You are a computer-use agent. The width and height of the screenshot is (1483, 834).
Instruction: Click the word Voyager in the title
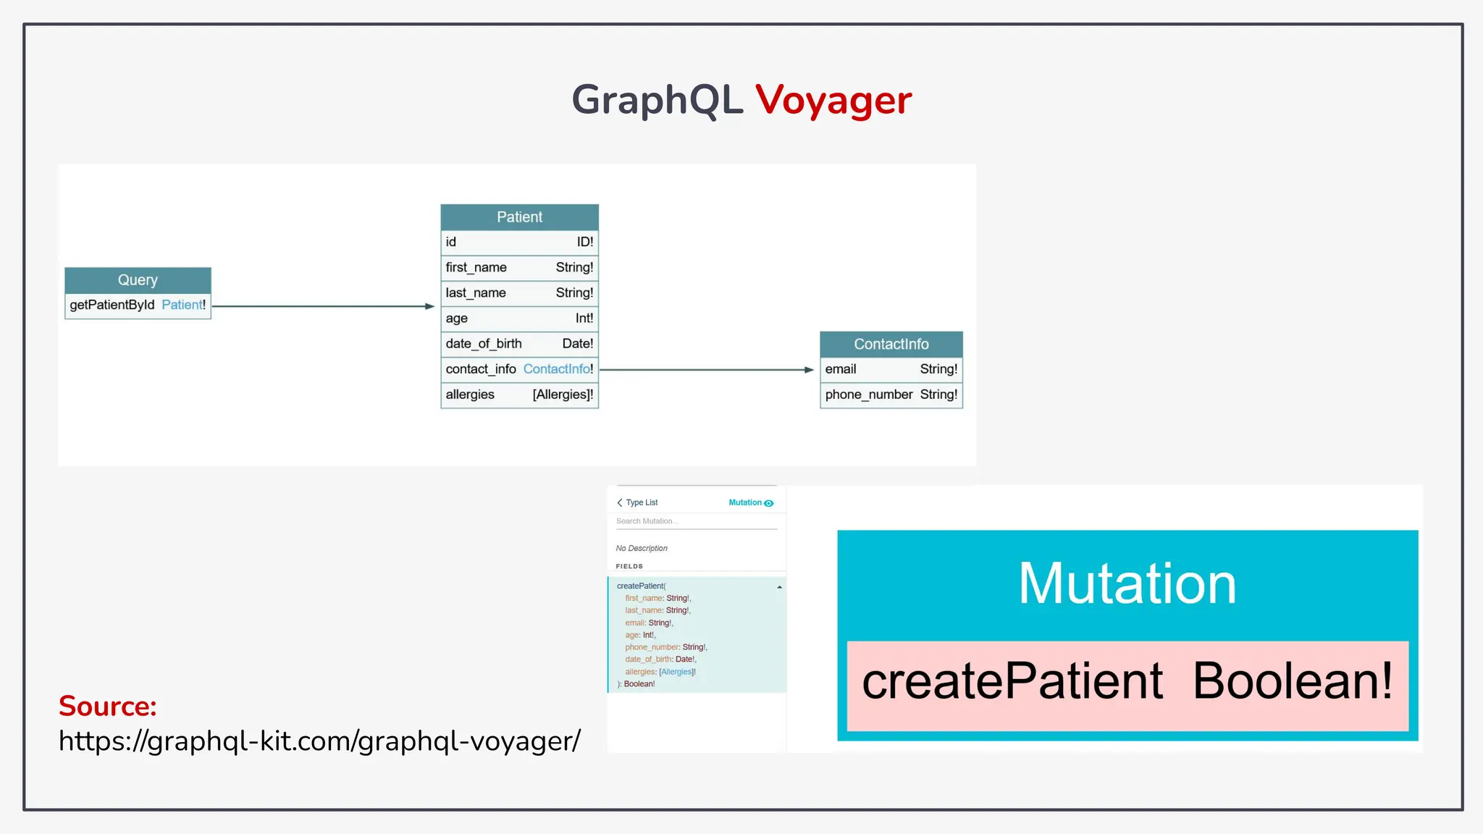point(833,100)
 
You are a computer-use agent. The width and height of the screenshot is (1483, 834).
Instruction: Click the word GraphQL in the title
point(657,100)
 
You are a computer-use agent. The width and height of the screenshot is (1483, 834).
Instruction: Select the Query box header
point(138,280)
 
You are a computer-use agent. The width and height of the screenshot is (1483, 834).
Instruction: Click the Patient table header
point(519,217)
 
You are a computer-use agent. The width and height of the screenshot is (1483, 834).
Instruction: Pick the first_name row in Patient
point(519,268)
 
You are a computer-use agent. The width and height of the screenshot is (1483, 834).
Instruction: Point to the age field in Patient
point(519,319)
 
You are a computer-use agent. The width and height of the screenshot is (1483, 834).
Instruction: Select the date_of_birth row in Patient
point(519,344)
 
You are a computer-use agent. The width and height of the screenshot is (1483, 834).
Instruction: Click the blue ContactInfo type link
point(557,369)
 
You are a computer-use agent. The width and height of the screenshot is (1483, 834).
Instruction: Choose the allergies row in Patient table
point(519,395)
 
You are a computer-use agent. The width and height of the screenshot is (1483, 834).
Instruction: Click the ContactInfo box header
point(891,345)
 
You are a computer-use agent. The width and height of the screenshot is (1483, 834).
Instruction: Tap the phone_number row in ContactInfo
point(891,395)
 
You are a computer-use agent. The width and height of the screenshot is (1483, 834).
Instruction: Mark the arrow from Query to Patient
point(322,306)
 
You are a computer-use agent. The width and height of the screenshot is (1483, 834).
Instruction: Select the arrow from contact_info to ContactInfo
point(706,370)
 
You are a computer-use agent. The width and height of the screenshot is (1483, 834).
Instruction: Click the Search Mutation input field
point(695,521)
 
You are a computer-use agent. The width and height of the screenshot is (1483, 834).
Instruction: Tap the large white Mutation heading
point(1127,584)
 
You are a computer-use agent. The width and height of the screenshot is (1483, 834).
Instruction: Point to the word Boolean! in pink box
point(1292,681)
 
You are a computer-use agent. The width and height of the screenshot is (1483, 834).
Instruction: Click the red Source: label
point(108,706)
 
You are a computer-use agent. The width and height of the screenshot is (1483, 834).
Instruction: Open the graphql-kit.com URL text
point(319,741)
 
